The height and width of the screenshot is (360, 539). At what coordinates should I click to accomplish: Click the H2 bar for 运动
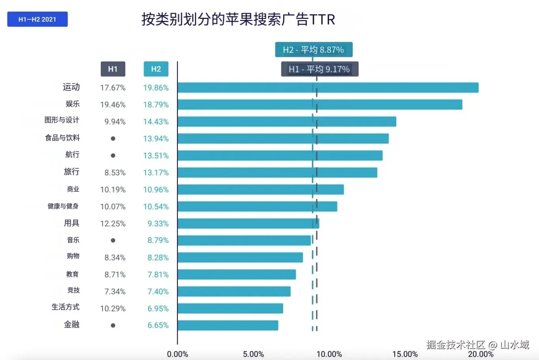click(x=328, y=87)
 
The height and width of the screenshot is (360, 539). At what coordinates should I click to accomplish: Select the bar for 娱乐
click(x=320, y=104)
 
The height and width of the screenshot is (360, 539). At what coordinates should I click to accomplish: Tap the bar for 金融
click(x=228, y=325)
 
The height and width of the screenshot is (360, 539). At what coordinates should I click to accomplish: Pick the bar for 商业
click(x=261, y=189)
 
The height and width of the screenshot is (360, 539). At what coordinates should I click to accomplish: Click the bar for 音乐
click(x=244, y=240)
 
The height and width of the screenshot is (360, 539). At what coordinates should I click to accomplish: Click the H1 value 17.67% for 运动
click(x=113, y=88)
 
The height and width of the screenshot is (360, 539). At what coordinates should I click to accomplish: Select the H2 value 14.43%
click(x=156, y=122)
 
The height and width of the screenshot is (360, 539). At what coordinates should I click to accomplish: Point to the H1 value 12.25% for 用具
click(x=113, y=224)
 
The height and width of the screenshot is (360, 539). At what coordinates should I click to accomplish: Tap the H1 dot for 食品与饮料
click(x=113, y=138)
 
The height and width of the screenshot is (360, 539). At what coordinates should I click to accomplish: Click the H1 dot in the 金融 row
click(x=113, y=326)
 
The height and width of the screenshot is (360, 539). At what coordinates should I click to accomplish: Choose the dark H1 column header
click(x=113, y=69)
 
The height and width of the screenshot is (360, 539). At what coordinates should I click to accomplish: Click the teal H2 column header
click(x=156, y=69)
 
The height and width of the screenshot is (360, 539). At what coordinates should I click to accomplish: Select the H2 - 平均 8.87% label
click(x=314, y=50)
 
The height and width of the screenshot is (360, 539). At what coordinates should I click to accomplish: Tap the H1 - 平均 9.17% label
click(x=320, y=69)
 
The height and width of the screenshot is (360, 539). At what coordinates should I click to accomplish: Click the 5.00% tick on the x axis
click(x=253, y=354)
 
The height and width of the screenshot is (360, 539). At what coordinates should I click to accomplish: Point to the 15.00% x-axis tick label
click(x=405, y=354)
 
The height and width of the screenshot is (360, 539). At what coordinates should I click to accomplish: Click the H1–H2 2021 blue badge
click(x=38, y=19)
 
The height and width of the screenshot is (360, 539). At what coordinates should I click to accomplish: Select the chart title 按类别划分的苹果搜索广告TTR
click(x=238, y=19)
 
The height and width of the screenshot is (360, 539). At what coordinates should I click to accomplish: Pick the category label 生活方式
click(x=66, y=307)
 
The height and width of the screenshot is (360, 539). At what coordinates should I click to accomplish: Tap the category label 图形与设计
click(x=62, y=120)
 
